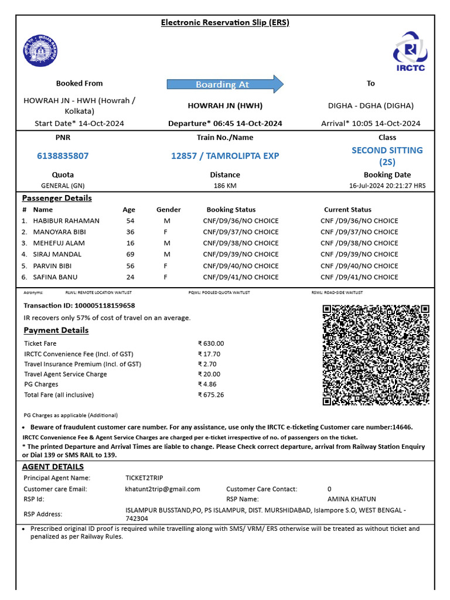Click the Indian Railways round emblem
[41, 52]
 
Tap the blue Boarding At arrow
[225, 84]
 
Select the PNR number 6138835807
[63, 156]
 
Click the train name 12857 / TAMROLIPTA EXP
[225, 156]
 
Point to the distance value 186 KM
[225, 186]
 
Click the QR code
[376, 355]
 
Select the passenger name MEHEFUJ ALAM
[57, 243]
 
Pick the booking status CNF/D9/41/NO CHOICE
[241, 277]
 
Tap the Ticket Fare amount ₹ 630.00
[211, 344]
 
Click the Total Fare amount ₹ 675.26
[211, 395]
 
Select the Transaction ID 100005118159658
[79, 306]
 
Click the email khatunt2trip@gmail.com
[162, 489]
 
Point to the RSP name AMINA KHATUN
[352, 499]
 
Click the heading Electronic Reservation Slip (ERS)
[225, 23]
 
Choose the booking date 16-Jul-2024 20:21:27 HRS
[387, 186]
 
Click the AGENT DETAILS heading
[53, 467]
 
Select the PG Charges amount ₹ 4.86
[207, 384]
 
